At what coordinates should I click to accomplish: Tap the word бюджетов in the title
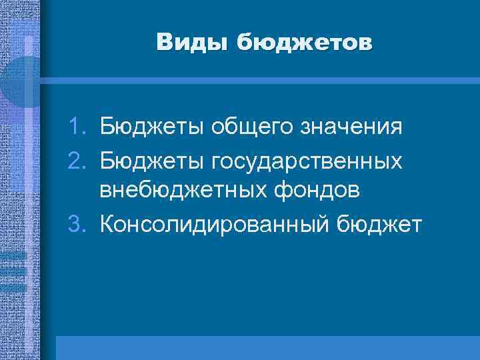[303, 42]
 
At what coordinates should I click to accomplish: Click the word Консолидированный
[214, 225]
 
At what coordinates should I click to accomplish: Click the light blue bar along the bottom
[267, 347]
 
